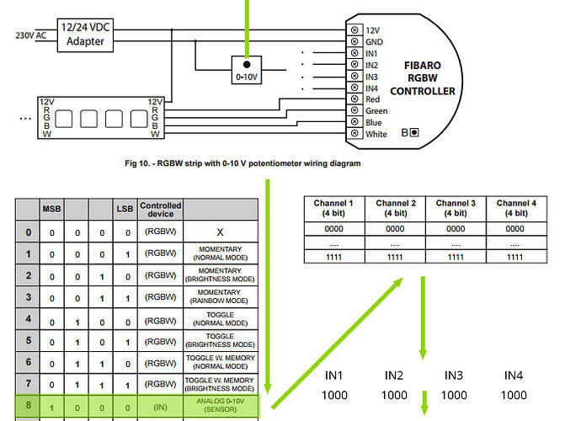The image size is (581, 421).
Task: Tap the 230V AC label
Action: (31, 35)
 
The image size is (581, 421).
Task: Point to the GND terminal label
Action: (373, 40)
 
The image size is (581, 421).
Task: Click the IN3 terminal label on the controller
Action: (372, 77)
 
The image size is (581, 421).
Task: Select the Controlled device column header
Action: (160, 210)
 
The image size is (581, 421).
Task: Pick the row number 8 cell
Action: (29, 405)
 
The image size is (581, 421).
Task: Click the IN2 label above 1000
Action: (394, 375)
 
